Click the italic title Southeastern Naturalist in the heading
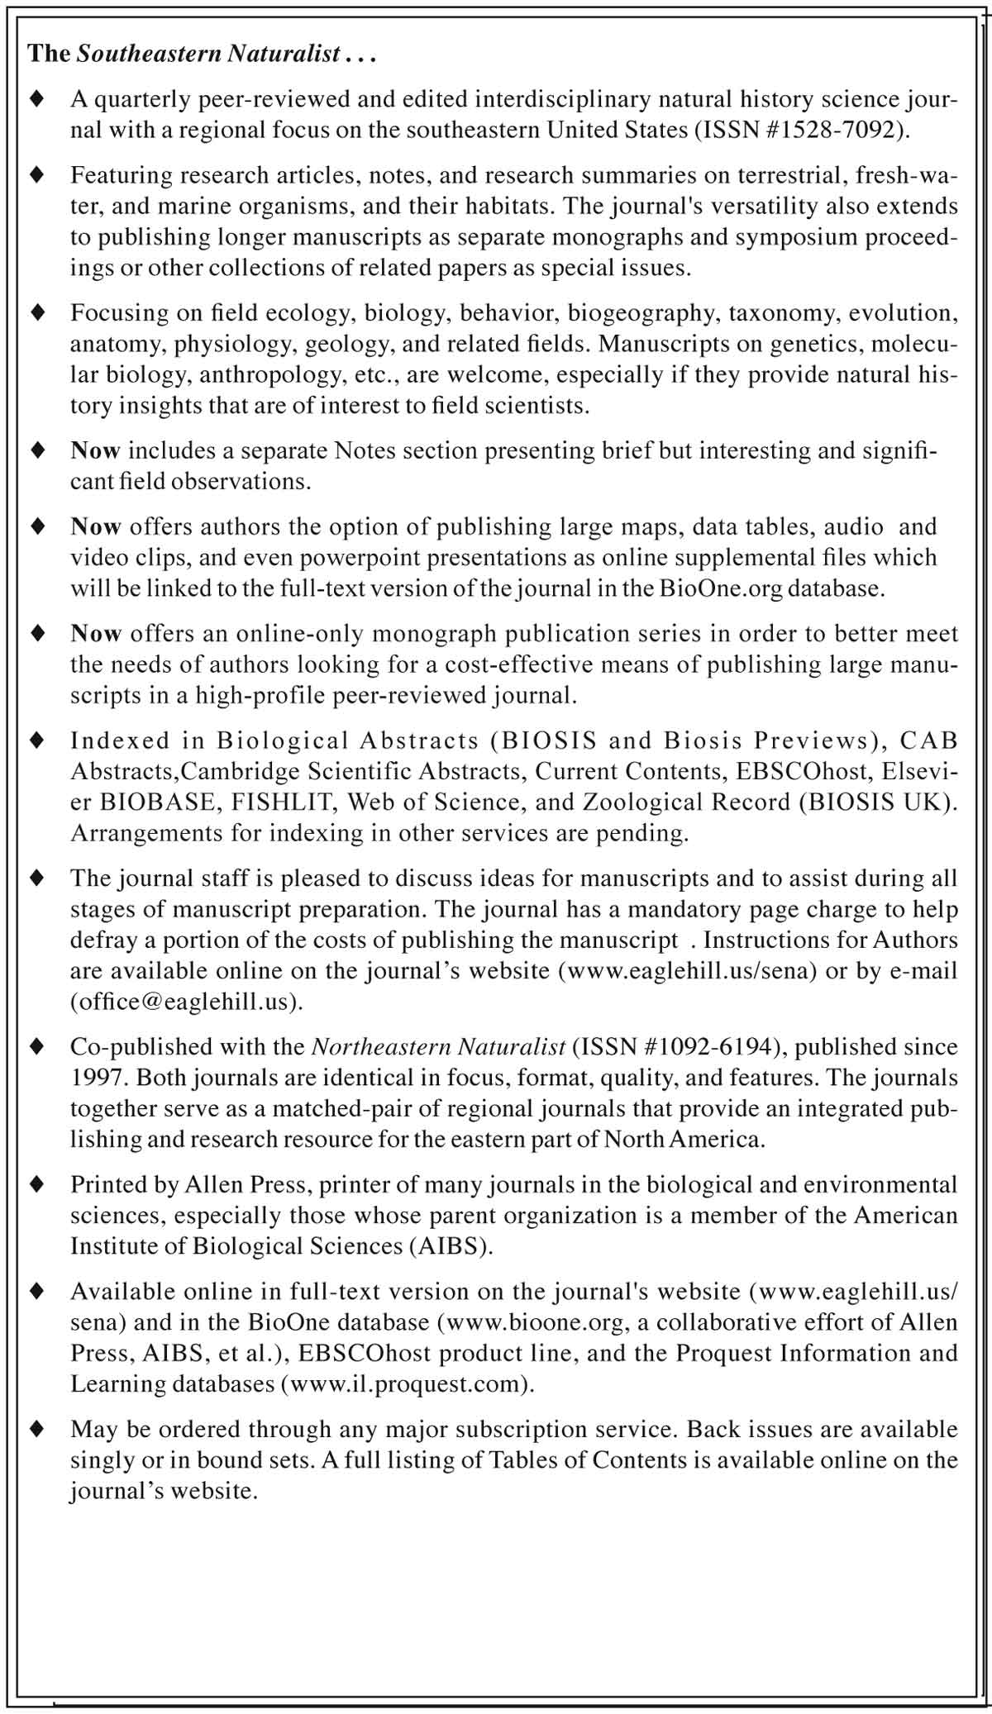(x=208, y=55)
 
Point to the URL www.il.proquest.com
(x=405, y=1384)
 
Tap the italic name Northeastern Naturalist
(x=438, y=1047)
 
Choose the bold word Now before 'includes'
(x=96, y=451)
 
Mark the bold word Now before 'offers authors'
(x=96, y=527)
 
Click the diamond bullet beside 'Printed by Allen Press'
(x=36, y=1185)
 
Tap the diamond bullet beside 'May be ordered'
(x=36, y=1430)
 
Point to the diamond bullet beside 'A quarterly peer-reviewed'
(x=36, y=100)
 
